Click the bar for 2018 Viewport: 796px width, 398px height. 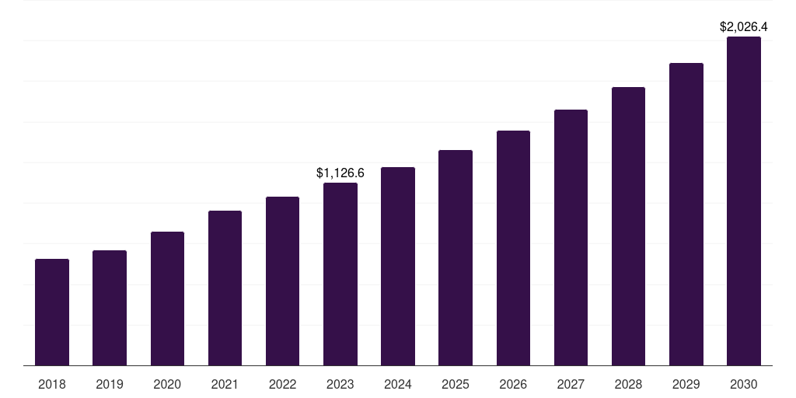52,312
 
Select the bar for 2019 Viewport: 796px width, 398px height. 110,308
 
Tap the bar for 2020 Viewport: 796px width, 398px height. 167,298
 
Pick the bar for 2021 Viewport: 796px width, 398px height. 225,288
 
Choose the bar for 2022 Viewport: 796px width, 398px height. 282,281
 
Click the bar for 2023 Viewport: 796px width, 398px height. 340,274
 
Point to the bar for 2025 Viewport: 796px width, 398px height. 456,257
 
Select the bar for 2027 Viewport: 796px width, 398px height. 571,237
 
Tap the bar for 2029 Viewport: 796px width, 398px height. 686,214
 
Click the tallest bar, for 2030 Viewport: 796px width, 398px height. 744,201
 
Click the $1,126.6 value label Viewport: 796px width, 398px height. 340,173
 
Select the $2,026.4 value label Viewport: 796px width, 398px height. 744,27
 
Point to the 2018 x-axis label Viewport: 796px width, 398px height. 52,384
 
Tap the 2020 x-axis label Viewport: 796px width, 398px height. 167,384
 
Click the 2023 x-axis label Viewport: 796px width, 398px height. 340,384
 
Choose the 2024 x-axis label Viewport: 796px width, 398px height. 398,384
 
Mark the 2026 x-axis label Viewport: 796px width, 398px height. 513,384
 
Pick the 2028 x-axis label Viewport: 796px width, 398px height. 628,384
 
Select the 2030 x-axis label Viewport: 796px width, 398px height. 744,384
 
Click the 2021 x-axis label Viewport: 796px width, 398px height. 225,384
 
